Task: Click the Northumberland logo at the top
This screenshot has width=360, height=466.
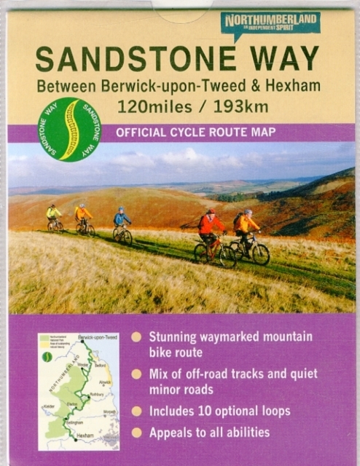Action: [x=270, y=24]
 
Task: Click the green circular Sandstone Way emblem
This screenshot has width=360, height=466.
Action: [x=70, y=129]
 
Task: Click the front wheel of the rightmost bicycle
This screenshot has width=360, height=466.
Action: [x=260, y=253]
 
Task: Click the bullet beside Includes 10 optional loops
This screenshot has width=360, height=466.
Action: [x=136, y=411]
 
